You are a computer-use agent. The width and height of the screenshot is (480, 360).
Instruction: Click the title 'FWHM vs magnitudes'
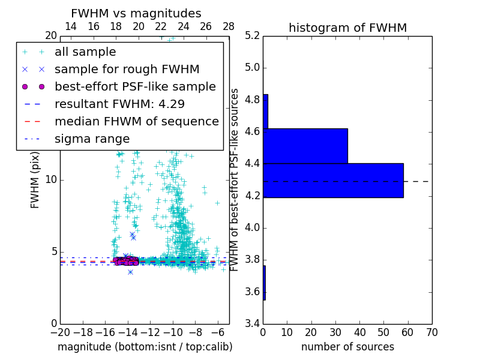136,13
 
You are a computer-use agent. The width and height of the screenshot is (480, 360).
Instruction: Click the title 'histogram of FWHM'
347,28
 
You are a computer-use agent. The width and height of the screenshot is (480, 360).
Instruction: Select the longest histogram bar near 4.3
333,180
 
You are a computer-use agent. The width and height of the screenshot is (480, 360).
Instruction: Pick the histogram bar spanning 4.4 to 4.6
305,146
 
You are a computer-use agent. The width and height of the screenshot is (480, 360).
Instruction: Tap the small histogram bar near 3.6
264,283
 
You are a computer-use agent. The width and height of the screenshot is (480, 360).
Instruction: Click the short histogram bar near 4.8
265,111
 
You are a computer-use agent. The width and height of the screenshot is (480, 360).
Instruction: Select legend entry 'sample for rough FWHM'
127,69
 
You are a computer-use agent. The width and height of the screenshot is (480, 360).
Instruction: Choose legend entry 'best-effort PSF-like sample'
135,86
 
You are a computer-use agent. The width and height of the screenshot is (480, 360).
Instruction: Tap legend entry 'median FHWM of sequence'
136,121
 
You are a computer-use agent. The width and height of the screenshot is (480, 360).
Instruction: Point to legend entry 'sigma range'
92,139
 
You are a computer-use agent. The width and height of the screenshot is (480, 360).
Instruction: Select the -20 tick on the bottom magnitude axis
60,332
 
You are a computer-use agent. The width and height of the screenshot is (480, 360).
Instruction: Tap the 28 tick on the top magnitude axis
229,26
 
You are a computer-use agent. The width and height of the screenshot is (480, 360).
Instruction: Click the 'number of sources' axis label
347,347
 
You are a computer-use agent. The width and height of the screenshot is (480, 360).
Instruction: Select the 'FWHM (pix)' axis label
35,180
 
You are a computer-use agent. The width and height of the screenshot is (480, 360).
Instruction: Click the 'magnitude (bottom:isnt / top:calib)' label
145,347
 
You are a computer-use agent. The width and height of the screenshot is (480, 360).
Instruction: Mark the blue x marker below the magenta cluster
130,272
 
